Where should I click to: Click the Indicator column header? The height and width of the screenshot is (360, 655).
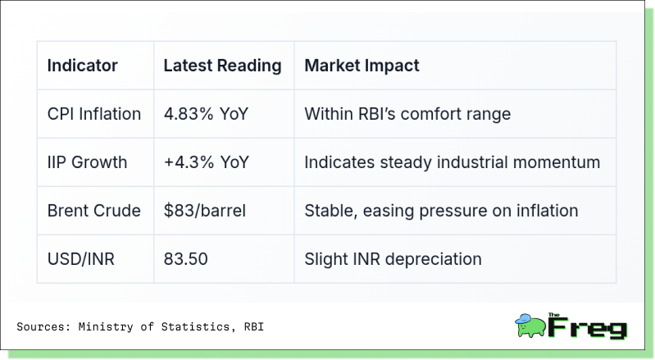coord(82,66)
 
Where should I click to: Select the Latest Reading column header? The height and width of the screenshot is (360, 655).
coord(222,66)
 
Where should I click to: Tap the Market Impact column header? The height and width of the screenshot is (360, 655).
coord(362,66)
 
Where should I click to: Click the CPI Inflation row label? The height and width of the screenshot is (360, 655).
coord(94,114)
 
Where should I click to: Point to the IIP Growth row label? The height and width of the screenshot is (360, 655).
coord(87,162)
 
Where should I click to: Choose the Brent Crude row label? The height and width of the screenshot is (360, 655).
coord(94,211)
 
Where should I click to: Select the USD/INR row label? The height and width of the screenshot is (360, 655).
coord(80,259)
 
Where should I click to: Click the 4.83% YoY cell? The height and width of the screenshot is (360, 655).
coord(206,114)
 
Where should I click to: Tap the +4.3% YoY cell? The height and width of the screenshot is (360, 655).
coord(207,162)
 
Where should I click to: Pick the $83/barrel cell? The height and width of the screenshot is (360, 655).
coord(205,211)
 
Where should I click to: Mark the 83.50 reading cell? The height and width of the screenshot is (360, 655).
coord(185,259)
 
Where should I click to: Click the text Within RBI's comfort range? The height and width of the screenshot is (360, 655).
coord(407,114)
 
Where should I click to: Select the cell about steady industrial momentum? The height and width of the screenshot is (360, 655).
coord(452,162)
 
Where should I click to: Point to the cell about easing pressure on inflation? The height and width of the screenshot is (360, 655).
coord(441,211)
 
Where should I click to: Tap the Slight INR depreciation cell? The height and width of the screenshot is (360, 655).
coord(393,259)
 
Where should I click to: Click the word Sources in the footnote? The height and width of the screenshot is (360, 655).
coord(40,326)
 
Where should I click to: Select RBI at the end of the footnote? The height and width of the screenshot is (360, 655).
coord(254,326)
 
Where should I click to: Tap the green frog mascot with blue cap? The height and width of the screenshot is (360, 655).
coord(530,326)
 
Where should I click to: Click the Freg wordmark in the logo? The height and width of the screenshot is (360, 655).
coord(587,327)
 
